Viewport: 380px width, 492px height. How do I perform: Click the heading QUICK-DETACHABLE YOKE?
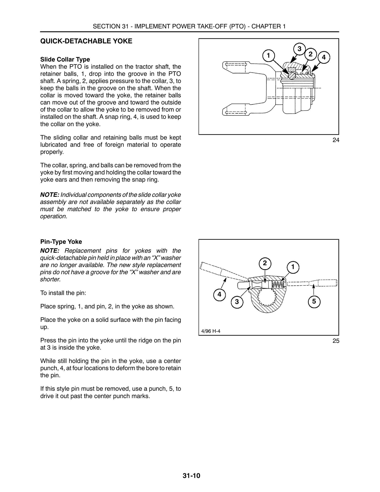86,41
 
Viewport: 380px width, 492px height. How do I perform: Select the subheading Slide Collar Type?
65,59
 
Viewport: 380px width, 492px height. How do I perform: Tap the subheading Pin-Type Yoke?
61,242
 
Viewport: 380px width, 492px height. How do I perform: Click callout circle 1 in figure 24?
268,56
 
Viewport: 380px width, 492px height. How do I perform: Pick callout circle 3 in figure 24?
299,49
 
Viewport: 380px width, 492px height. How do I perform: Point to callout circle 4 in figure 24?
324,57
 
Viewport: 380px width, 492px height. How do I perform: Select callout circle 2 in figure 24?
311,54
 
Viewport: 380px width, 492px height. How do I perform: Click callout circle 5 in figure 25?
314,301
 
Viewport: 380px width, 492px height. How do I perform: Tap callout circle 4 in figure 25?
220,294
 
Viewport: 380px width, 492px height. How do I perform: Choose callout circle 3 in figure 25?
237,302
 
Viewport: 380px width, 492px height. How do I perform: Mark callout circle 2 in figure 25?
265,263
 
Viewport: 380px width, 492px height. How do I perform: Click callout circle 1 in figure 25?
293,267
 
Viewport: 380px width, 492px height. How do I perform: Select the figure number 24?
336,140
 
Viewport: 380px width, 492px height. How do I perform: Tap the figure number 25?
336,341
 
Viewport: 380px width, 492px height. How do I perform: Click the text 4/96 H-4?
211,331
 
